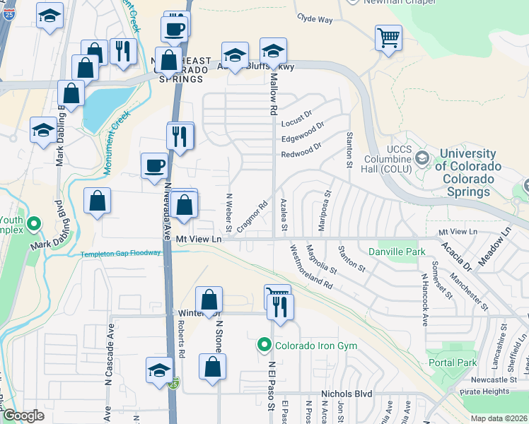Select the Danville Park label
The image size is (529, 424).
(396, 251)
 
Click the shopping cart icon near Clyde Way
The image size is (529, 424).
(388, 38)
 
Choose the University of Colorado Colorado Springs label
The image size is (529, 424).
(467, 165)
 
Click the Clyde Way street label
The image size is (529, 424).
(315, 19)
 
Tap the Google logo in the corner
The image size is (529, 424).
(23, 416)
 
